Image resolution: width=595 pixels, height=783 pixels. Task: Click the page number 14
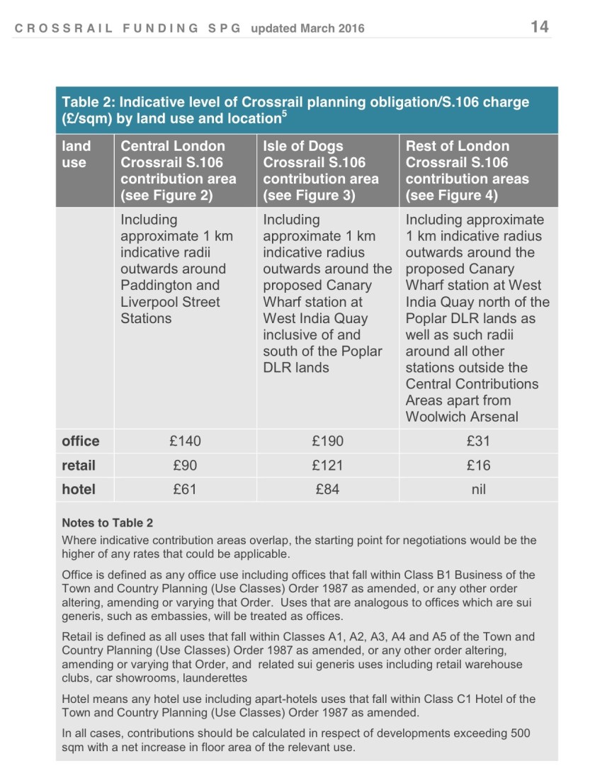539,27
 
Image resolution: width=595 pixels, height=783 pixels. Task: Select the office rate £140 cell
185,441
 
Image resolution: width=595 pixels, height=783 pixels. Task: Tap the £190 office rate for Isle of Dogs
327,441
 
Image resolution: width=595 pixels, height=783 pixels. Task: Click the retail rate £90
185,466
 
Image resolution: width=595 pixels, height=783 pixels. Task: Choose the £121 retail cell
327,466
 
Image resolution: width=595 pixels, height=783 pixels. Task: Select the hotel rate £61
185,490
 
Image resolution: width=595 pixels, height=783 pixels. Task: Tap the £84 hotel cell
327,490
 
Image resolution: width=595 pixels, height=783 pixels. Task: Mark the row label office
81,441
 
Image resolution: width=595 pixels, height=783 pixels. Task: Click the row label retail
79,466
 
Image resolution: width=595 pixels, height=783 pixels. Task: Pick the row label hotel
79,490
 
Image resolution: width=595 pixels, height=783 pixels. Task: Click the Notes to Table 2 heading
107,523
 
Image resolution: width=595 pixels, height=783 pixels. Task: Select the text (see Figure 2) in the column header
166,196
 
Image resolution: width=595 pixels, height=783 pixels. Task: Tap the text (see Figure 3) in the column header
309,196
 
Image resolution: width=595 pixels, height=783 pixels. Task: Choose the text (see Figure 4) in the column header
452,196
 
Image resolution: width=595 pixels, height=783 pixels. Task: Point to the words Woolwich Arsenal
461,417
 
